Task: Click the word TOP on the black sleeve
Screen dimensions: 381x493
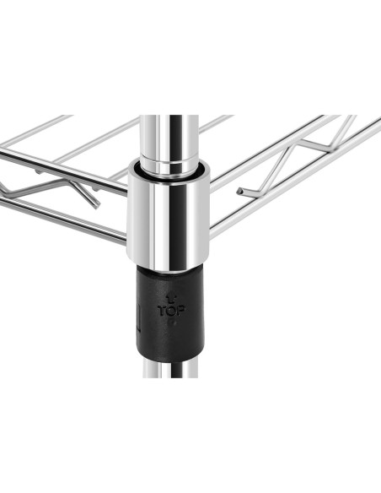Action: click(171, 311)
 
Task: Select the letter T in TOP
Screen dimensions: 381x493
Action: click(162, 311)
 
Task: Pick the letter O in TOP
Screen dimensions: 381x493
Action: click(171, 311)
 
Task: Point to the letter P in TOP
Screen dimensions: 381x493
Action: click(180, 311)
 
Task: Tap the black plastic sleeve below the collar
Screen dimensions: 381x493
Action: click(171, 314)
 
